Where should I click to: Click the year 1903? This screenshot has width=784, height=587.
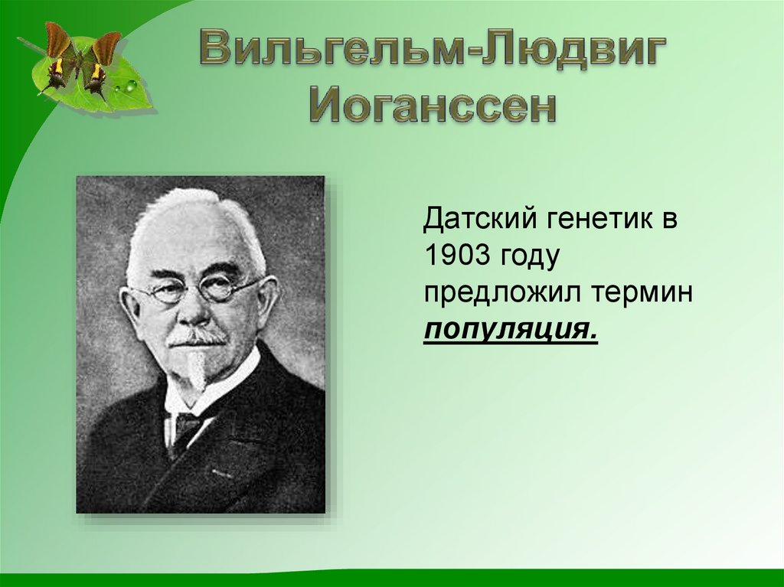click(456, 258)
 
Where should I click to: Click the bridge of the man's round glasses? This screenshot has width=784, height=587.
click(192, 287)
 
